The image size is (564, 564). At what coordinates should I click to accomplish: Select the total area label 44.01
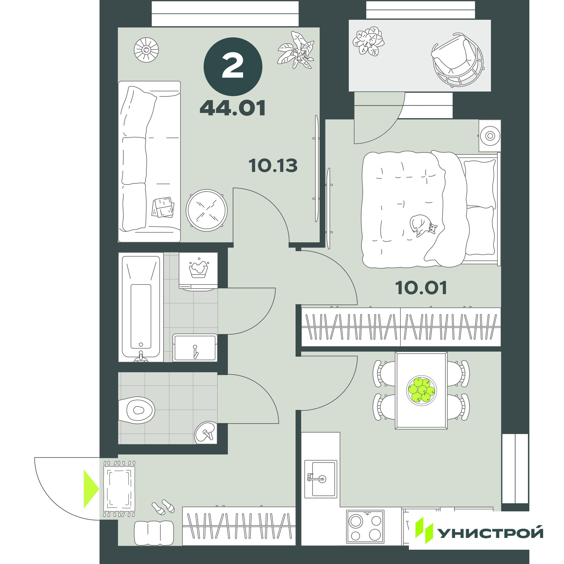233,108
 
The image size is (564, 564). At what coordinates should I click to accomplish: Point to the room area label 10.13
273,165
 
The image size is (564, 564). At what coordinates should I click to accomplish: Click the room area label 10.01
421,288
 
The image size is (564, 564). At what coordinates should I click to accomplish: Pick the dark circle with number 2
233,67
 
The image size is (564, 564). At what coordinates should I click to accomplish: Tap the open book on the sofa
163,207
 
